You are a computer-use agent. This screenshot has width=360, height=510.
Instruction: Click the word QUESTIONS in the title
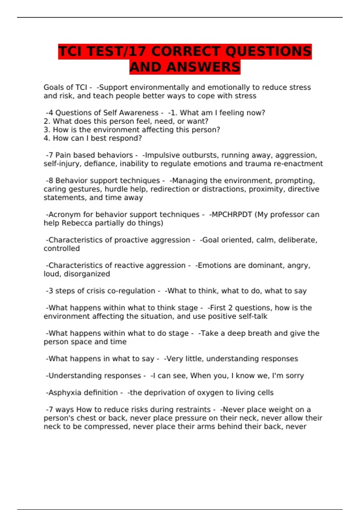coord(268,51)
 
